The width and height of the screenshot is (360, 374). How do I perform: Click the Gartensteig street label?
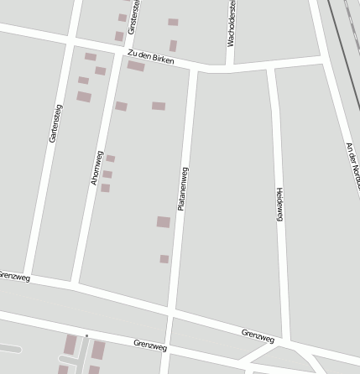56,122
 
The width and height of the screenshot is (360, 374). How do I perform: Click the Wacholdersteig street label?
232,23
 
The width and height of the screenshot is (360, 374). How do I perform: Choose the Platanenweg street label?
182,188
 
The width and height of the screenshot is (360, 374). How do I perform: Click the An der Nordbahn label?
352,160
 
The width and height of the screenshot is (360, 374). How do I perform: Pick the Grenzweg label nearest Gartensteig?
15,275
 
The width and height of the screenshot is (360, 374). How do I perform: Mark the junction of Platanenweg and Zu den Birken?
193,70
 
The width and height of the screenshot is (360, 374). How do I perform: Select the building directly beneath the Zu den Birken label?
136,66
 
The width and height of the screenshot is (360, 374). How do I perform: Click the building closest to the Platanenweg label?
164,222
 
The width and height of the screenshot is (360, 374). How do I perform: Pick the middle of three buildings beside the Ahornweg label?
107,174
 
